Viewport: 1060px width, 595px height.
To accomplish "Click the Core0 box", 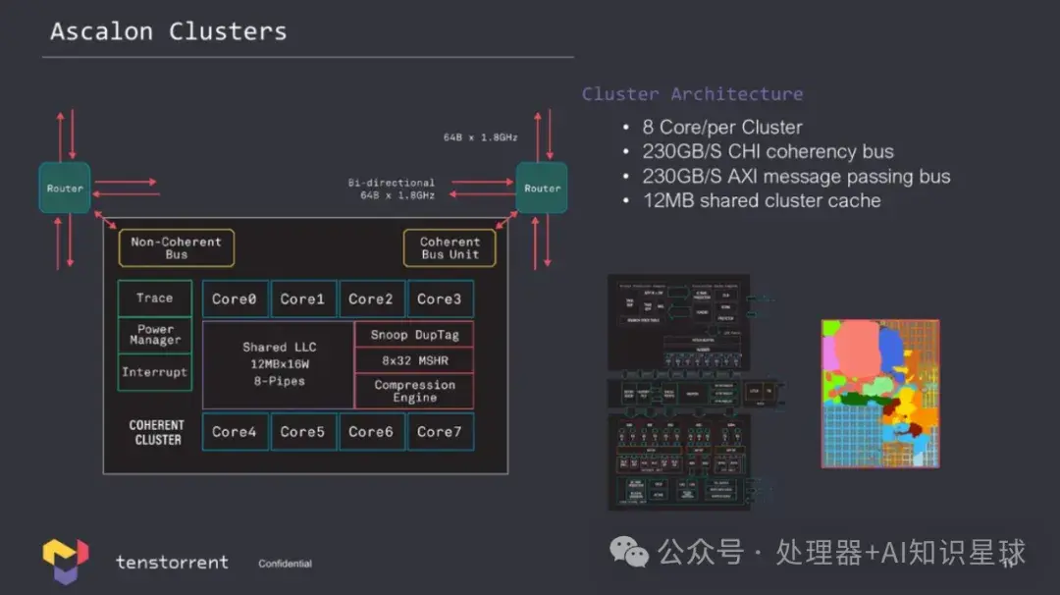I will (235, 299).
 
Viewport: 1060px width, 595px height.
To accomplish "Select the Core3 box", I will (439, 299).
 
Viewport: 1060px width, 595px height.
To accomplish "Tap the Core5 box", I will (302, 432).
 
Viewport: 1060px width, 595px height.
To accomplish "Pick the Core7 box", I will (439, 432).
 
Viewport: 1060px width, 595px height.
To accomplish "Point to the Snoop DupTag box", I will (414, 335).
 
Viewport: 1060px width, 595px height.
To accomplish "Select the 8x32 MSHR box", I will (414, 360).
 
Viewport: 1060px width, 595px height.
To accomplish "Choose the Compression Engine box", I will (414, 391).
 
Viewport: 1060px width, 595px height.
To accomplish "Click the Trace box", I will (154, 298).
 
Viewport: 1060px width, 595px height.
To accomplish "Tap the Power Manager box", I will (154, 335).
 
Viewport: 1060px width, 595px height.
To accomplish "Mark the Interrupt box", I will (154, 372).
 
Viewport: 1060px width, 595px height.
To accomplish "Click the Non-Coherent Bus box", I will (177, 248).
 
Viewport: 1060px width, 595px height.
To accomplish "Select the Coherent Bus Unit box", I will (450, 248).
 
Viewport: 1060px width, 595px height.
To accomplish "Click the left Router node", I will (65, 189).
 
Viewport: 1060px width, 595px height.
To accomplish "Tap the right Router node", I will (542, 189).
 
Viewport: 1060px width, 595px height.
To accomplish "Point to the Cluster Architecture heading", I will (692, 94).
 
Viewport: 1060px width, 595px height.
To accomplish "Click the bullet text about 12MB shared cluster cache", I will (761, 201).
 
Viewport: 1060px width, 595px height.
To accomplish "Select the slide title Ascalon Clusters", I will (169, 31).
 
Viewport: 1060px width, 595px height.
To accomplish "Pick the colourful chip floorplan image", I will (879, 393).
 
